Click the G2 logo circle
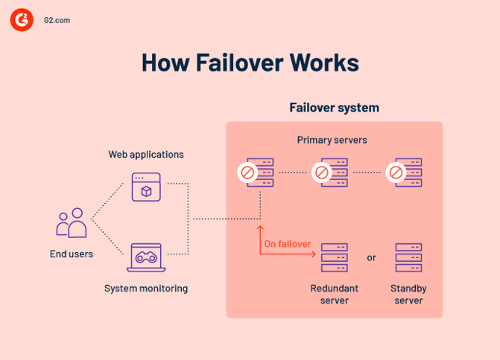tap(22, 21)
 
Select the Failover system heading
tap(334, 108)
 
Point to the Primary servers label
tap(332, 140)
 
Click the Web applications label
tap(146, 155)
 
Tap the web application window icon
tap(146, 187)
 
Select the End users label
tap(72, 254)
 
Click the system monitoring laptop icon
tap(146, 257)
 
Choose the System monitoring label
tap(146, 288)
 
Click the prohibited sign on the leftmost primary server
tap(247, 173)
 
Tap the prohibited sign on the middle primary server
tap(322, 173)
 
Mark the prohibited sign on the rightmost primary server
tap(396, 173)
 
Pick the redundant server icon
tap(334, 257)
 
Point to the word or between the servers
tap(371, 258)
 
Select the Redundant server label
tap(334, 294)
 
